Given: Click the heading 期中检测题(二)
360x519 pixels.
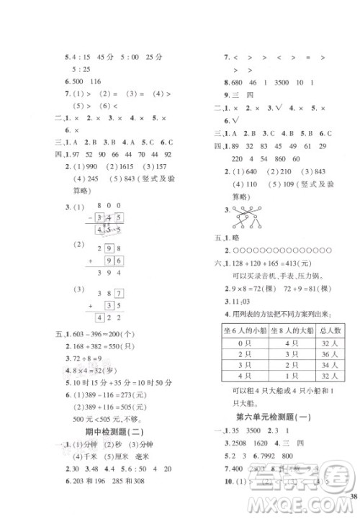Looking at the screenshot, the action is point(113,431).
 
